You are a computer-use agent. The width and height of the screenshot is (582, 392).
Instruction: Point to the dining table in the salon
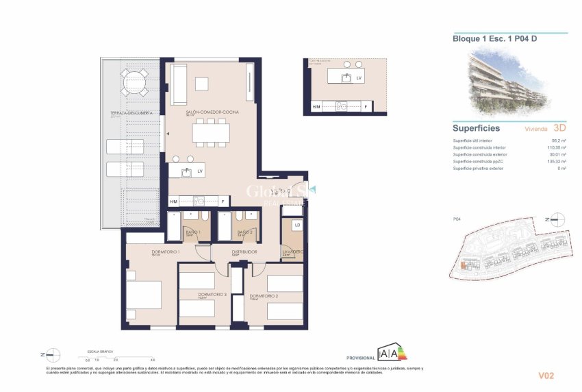[x=211, y=132]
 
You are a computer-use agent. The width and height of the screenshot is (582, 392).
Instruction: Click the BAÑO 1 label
[x=196, y=232]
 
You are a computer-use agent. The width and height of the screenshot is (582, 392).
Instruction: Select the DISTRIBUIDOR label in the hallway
[x=243, y=252]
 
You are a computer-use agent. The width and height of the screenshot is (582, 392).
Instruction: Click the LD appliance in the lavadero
[x=296, y=225]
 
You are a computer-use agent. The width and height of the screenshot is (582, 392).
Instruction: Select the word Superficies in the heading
[x=476, y=128]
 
